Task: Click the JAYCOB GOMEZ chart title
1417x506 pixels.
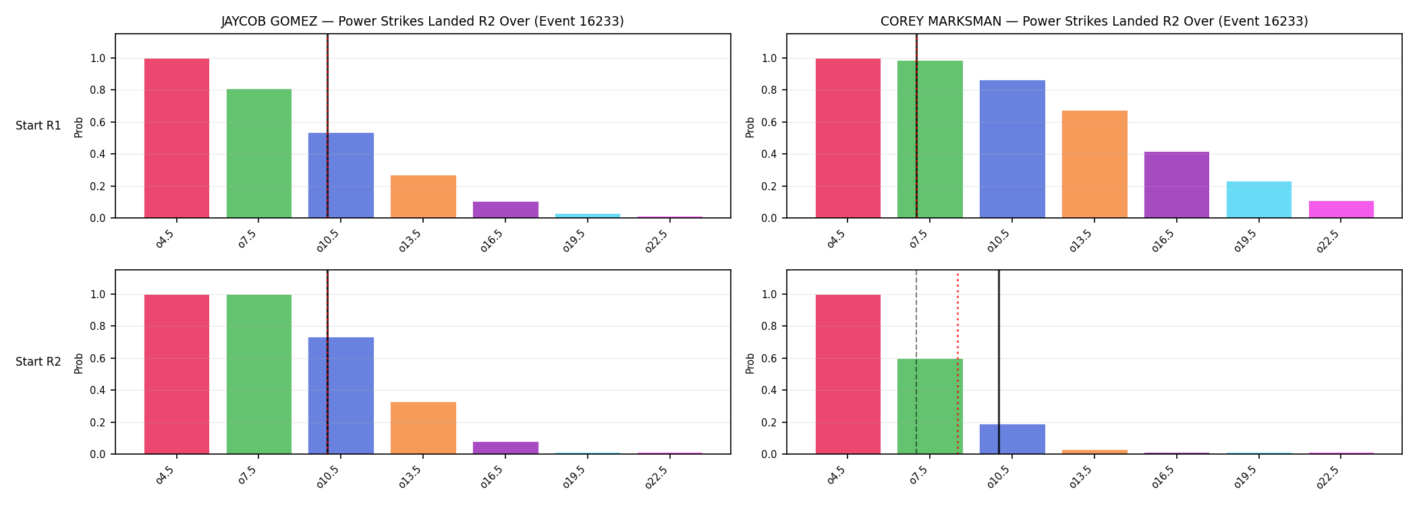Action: [422, 21]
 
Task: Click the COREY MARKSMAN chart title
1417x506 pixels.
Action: [1094, 21]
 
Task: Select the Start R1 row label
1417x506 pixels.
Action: [38, 125]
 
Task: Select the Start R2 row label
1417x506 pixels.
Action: [38, 362]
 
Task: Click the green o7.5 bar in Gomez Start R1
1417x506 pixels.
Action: [259, 153]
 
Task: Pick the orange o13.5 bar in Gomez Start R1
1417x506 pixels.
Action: [423, 196]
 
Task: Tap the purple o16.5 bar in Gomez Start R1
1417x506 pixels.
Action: [505, 210]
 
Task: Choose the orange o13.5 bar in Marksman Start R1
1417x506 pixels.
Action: [1094, 164]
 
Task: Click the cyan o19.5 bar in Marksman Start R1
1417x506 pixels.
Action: [1259, 200]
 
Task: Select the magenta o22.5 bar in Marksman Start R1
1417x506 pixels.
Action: [1341, 209]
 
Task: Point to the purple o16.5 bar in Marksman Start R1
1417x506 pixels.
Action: [1177, 185]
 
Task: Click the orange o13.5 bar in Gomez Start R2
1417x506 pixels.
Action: [423, 428]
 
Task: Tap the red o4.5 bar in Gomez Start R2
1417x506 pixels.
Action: [177, 374]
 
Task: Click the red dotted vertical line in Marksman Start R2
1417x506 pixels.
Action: [957, 362]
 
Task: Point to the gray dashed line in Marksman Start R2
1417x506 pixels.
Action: [916, 362]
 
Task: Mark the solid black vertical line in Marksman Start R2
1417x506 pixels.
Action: [999, 362]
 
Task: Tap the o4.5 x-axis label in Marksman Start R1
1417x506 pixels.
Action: [836, 239]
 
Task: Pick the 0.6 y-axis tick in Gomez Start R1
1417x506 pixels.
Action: [97, 122]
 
